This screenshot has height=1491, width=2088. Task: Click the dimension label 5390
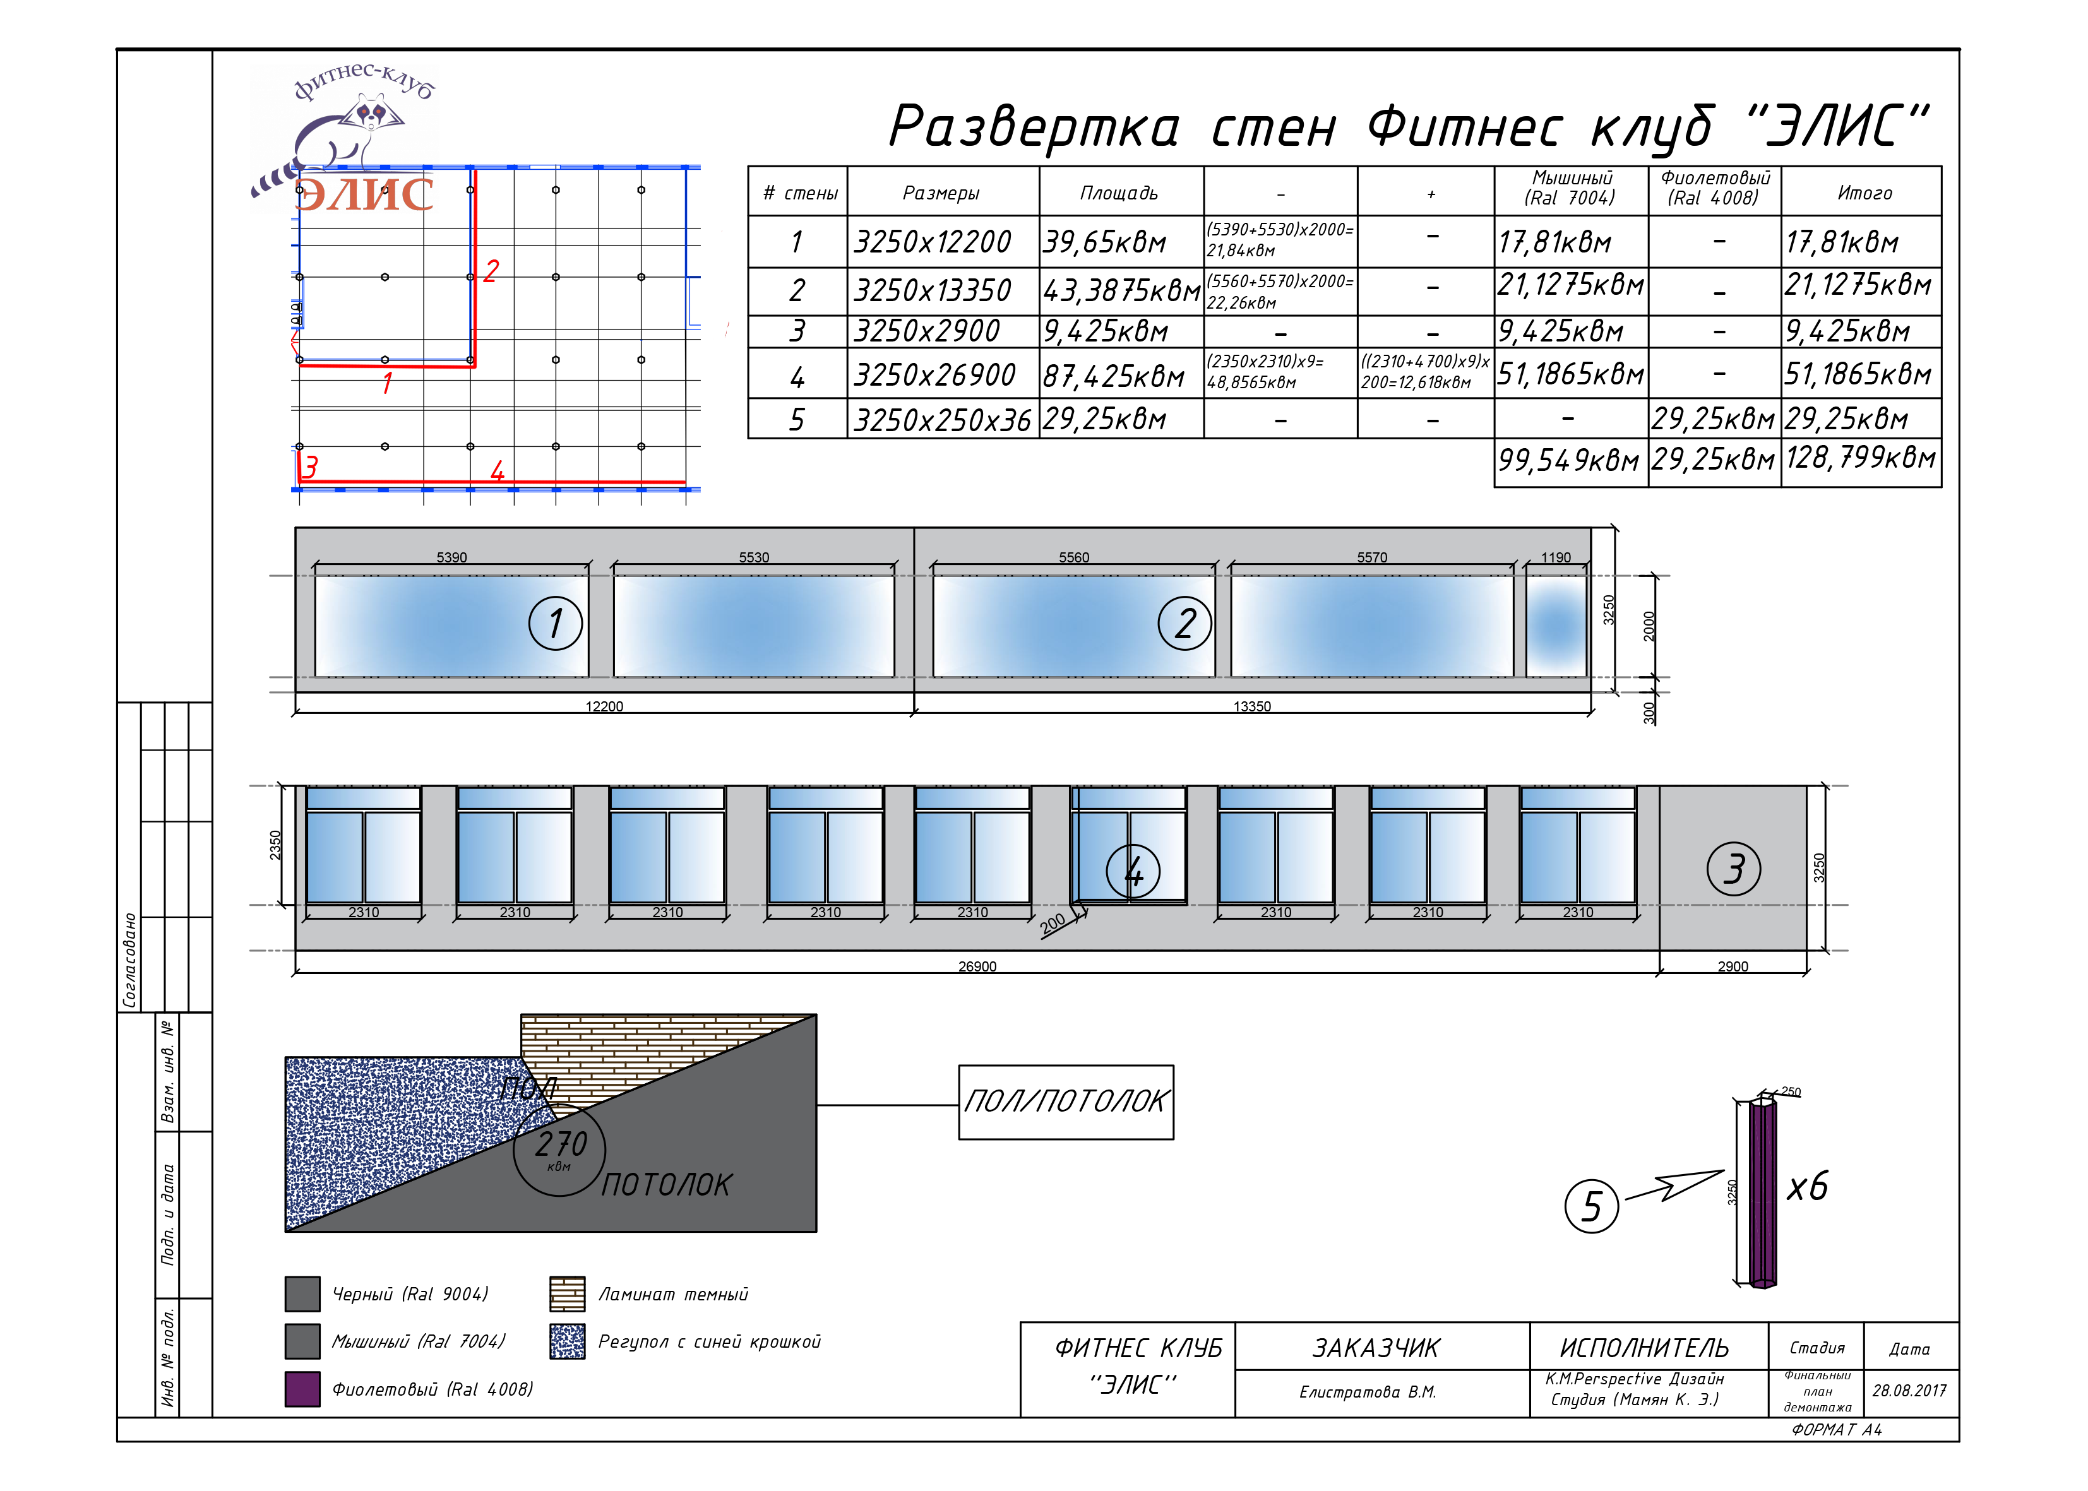click(451, 557)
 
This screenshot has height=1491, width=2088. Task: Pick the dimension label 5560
click(1073, 557)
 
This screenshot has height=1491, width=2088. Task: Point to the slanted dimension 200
click(1053, 923)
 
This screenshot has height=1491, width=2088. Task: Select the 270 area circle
click(559, 1149)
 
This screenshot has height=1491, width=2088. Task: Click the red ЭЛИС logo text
click(364, 194)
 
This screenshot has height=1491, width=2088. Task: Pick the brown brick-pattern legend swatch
click(566, 1293)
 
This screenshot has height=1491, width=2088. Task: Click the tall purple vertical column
click(1762, 1194)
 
